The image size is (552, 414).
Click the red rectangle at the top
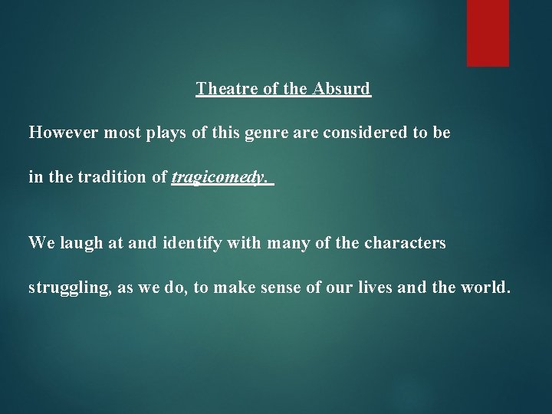(x=488, y=32)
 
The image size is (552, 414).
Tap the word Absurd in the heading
(x=341, y=89)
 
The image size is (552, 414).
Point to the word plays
(x=156, y=133)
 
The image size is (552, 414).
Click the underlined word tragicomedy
(x=221, y=179)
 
